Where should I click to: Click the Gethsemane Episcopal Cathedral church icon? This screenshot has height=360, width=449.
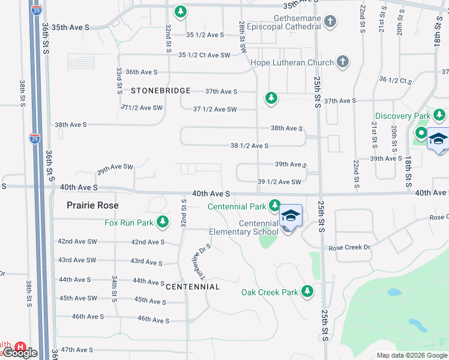pos(330,23)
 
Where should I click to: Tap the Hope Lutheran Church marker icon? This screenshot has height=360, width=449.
pos(342,62)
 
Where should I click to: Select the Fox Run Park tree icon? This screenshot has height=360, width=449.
pos(161,223)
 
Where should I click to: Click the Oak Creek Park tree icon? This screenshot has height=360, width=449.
pos(307,292)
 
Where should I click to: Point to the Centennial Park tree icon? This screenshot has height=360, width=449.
pos(274,206)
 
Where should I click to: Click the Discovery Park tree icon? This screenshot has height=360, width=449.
pos(440,115)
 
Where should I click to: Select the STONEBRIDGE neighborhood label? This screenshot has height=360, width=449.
pos(160,91)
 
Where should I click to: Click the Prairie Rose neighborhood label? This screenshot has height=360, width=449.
pos(92,205)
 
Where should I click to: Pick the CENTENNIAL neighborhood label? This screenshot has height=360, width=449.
pos(193,287)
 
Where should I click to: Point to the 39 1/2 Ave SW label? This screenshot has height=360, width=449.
pos(279,182)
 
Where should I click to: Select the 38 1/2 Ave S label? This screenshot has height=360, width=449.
pos(249,146)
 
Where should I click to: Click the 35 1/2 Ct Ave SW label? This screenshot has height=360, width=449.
pos(205,55)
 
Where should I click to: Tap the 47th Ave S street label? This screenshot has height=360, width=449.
pos(75,350)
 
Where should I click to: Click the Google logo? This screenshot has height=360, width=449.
pos(20,353)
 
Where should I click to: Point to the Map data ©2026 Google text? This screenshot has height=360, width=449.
pos(411,355)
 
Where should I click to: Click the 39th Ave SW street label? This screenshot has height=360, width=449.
pos(115,170)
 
